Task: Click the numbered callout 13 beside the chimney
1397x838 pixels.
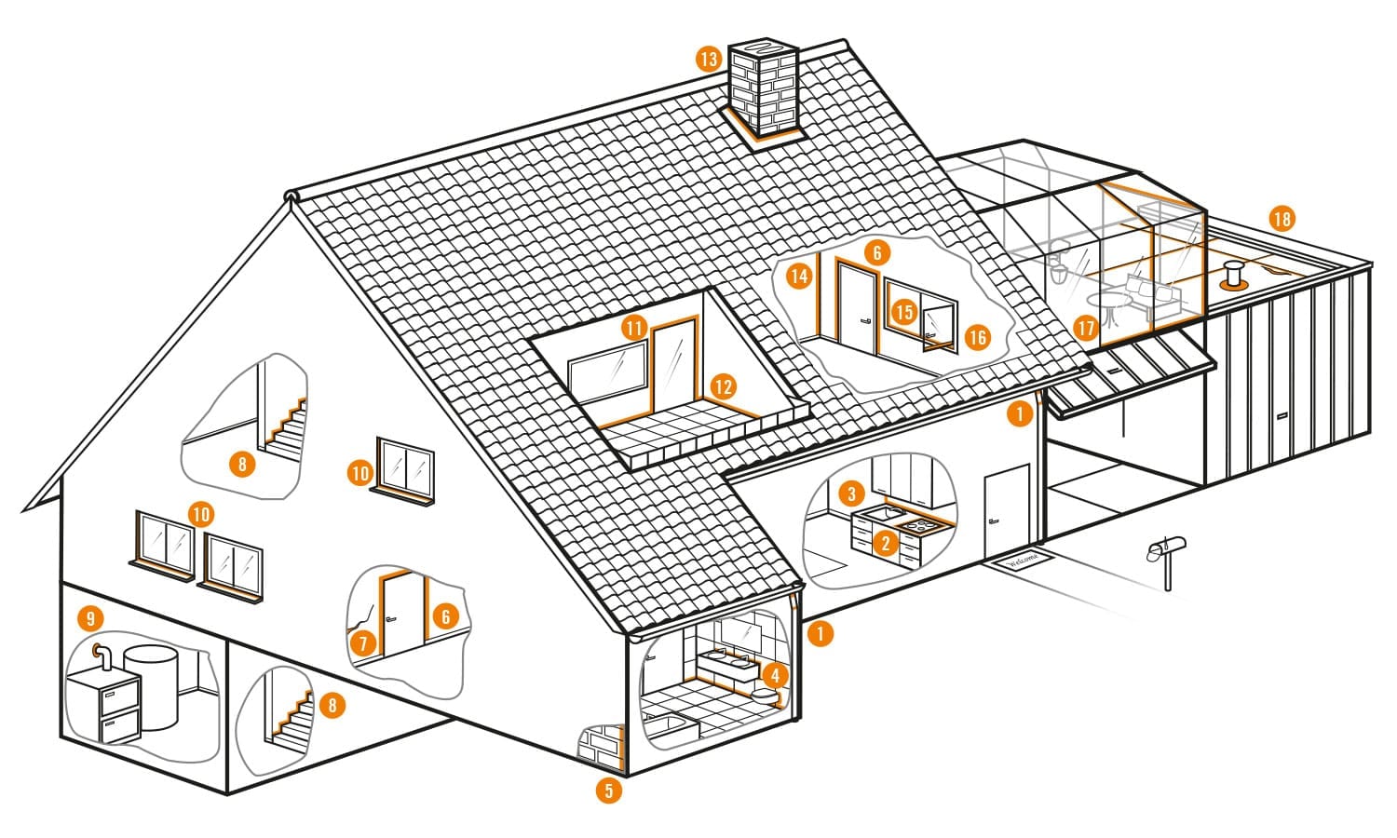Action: [x=709, y=59]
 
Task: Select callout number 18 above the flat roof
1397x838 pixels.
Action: [x=1282, y=220]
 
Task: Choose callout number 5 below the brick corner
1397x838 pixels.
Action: [x=608, y=791]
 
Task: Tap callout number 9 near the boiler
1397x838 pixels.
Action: [x=89, y=617]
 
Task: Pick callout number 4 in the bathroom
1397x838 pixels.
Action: [x=775, y=673]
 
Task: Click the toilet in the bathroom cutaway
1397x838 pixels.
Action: [x=766, y=696]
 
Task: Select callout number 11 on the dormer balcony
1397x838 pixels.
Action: [x=635, y=328]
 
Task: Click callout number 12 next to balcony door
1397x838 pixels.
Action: [x=724, y=385]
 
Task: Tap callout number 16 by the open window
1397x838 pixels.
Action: [x=976, y=336]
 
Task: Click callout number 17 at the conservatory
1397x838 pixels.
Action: [x=1085, y=327]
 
